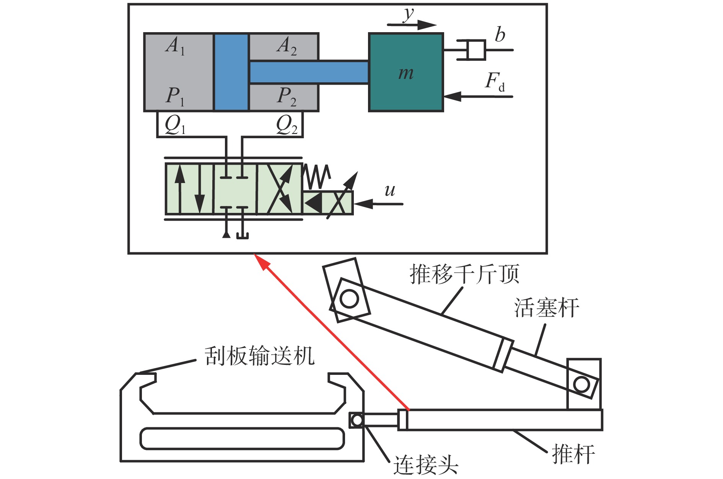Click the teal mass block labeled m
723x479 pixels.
406,72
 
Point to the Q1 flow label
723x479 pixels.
175,125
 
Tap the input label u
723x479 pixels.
390,190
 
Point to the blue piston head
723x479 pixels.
231,72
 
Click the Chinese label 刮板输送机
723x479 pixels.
259,356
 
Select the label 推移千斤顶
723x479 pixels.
464,274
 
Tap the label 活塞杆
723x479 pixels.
546,308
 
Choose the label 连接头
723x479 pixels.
426,465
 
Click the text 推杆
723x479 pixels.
573,454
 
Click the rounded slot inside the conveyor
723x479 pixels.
242,438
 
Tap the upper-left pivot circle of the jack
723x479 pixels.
349,299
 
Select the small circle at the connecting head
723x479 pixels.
357,420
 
